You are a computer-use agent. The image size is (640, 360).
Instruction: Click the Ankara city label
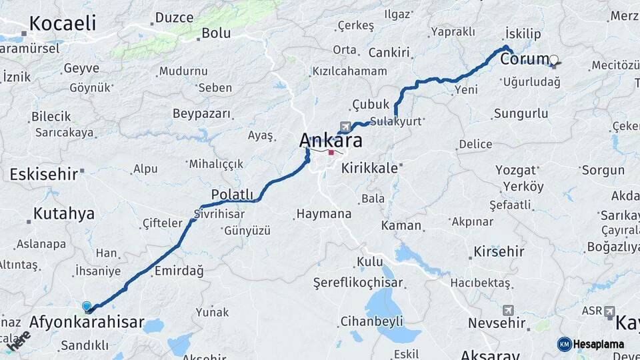pos(331,141)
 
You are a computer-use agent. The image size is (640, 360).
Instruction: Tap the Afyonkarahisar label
pos(87,323)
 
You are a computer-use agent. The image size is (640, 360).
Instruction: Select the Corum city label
pos(524,59)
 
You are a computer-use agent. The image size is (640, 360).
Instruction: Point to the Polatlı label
pos(233,194)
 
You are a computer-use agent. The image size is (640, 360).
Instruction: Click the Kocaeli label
pos(63,23)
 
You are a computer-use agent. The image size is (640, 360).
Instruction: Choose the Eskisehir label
pos(44,175)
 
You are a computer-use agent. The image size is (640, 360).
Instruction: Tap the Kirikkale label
pos(369,169)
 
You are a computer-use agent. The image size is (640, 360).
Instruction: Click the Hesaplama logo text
pos(598,344)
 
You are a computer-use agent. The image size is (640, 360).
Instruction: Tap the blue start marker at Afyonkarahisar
pos(87,306)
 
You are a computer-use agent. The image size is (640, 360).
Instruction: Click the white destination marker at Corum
pos(553,60)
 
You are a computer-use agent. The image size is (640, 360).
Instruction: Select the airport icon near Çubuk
pos(344,125)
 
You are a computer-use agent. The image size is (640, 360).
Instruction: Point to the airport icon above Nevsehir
pos(509,310)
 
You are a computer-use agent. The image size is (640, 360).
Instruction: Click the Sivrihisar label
pos(219,214)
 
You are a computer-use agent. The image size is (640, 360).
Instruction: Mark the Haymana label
pos(323,214)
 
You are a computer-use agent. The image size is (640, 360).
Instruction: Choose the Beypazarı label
pos(202,113)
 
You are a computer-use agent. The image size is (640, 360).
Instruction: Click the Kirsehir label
pos(499,252)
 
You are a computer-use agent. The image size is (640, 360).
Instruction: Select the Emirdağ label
pos(179,271)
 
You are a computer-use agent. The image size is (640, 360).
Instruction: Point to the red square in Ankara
pos(331,152)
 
